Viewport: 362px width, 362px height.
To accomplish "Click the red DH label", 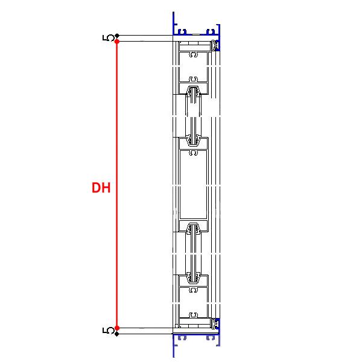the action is coord(101,188).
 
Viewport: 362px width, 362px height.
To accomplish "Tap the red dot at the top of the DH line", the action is coord(117,42).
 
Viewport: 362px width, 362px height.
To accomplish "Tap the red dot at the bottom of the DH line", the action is coord(117,328).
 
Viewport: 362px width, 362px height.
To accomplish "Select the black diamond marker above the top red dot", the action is coord(117,36).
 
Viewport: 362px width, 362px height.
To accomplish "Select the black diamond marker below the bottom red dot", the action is coord(117,334).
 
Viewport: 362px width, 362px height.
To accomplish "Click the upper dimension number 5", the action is coord(108,37).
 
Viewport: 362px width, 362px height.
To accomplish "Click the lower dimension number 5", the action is coord(108,331).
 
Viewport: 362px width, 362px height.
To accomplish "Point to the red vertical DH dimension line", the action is coord(117,185).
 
